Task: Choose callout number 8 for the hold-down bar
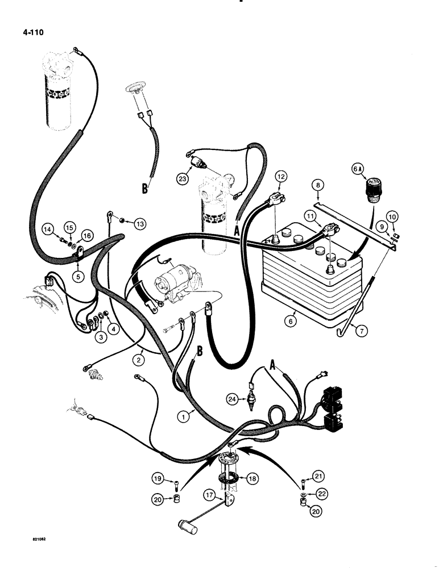point(318,185)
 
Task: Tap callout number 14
point(49,229)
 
